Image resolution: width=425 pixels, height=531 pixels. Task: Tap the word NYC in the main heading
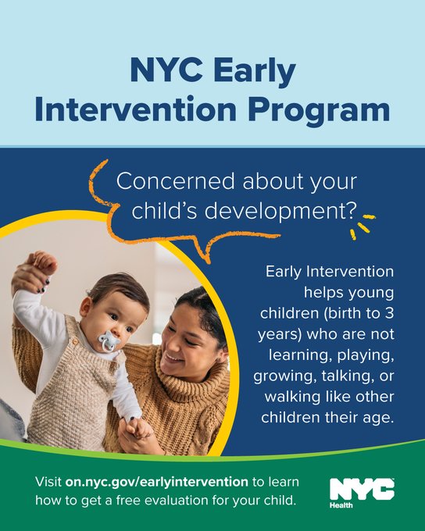(x=166, y=69)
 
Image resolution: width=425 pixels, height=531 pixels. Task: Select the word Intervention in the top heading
(x=136, y=109)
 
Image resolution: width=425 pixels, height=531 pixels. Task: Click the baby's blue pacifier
(x=109, y=340)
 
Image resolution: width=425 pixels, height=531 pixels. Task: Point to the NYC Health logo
(x=362, y=493)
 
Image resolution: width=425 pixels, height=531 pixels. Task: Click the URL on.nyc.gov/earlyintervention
(x=156, y=482)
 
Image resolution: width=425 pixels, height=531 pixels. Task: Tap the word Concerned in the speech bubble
(x=176, y=181)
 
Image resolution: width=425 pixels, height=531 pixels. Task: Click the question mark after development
(x=351, y=210)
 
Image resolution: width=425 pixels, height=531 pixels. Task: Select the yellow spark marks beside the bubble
(x=362, y=226)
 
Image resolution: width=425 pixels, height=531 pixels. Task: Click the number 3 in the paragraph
(x=389, y=313)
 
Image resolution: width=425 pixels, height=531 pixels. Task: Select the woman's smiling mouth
(x=173, y=358)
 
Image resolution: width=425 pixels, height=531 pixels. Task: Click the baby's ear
(x=85, y=307)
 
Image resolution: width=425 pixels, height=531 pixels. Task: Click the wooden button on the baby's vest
(x=75, y=341)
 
